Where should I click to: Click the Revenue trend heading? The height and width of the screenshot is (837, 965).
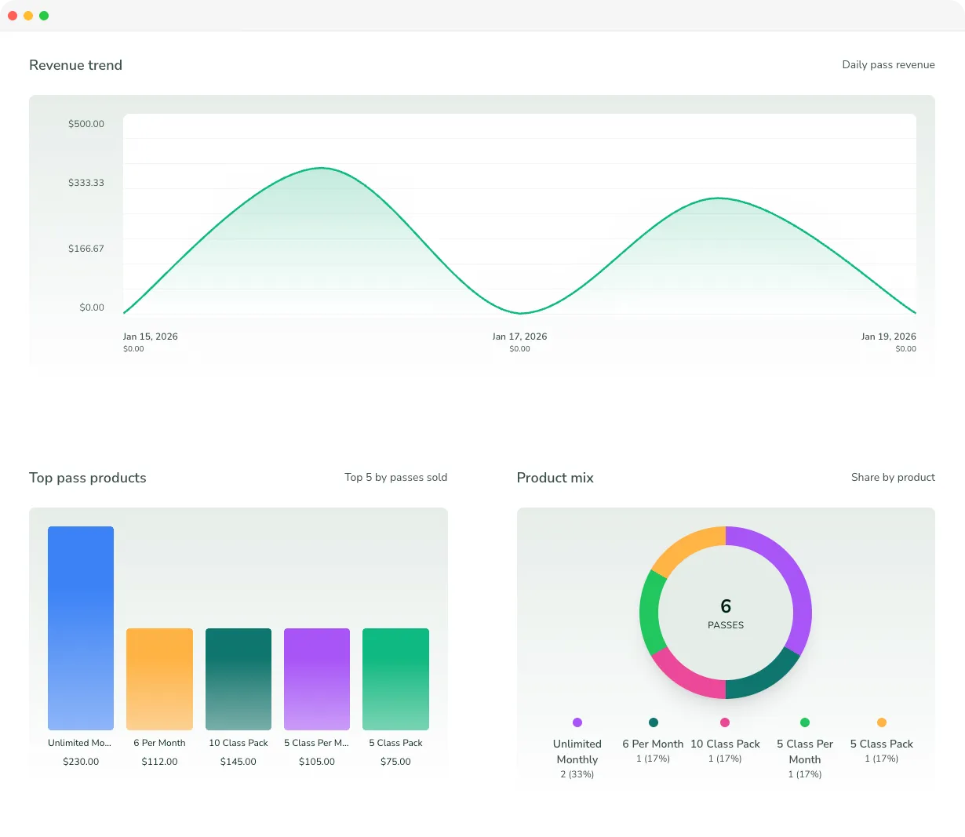(x=75, y=65)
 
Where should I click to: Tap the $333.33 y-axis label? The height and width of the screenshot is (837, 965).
(x=86, y=183)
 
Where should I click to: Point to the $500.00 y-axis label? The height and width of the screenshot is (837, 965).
(x=86, y=124)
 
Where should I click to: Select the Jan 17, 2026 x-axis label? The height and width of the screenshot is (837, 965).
(x=519, y=337)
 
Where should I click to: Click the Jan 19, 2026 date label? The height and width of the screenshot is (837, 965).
(x=888, y=337)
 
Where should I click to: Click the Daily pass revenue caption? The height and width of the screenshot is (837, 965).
(x=888, y=65)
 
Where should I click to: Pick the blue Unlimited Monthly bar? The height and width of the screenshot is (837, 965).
(x=81, y=628)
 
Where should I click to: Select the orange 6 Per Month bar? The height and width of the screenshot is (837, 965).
(x=159, y=679)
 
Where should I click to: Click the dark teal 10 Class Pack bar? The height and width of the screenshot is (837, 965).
(x=239, y=679)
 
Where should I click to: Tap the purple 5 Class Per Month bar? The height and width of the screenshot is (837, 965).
(x=317, y=679)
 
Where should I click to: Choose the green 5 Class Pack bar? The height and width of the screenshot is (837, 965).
(x=395, y=679)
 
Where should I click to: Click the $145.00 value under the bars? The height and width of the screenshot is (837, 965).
(x=239, y=762)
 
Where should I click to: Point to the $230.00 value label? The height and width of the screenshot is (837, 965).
(x=81, y=762)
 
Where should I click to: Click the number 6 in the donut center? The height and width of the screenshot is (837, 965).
(x=726, y=606)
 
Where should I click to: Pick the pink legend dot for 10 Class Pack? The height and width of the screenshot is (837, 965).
(x=725, y=722)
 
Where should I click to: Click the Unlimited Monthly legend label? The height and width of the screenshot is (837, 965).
(x=577, y=751)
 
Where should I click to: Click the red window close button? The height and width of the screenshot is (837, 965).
(x=13, y=16)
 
